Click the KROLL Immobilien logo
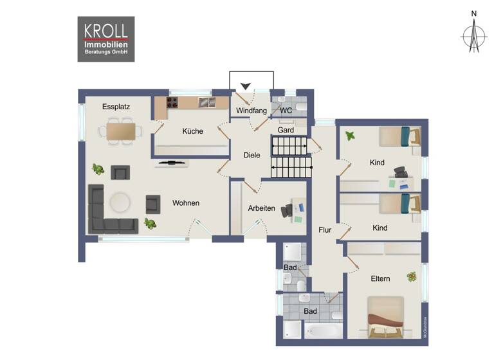tap(106, 39)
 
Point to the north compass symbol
tap(474, 35)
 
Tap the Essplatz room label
tap(116, 107)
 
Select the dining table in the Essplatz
tap(122, 131)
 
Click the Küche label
tap(192, 131)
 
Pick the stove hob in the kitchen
tap(173, 102)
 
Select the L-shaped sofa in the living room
tap(106, 212)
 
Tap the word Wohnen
tap(185, 203)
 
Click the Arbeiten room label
tap(261, 208)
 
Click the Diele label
tap(252, 155)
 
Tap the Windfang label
tap(251, 111)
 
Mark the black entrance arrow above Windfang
tap(245, 86)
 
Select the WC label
tap(286, 111)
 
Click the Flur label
tap(325, 230)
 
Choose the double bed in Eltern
tap(385, 316)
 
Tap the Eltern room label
tap(380, 278)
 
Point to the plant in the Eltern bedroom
tap(411, 277)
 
